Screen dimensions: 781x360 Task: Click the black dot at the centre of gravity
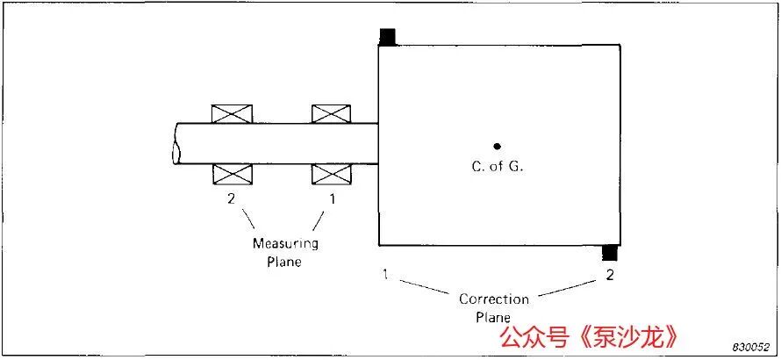point(497,146)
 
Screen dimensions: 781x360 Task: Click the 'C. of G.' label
point(497,167)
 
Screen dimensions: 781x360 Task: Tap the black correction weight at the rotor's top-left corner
point(388,37)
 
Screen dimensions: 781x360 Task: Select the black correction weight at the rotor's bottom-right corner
point(610,253)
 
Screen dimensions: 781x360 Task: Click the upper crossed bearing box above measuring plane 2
point(232,113)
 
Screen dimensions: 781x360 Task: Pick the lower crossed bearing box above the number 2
point(233,174)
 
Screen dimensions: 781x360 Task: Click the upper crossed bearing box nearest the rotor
point(331,113)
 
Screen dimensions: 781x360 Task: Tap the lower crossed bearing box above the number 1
point(331,174)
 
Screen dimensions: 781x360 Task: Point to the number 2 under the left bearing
point(231,199)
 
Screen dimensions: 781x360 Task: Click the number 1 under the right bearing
point(333,199)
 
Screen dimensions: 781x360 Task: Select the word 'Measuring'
point(285,244)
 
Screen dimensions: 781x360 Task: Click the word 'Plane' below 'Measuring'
point(284,262)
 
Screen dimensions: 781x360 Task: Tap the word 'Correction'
point(493,299)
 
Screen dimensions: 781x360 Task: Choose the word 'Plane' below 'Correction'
point(493,317)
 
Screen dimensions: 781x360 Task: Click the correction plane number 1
point(385,274)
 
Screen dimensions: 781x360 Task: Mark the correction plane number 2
point(610,274)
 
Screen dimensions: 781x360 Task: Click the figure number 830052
point(754,347)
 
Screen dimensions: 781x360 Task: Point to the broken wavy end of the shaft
point(175,144)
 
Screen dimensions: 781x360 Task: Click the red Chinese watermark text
point(589,337)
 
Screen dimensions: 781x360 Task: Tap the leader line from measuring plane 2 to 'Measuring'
point(249,220)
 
